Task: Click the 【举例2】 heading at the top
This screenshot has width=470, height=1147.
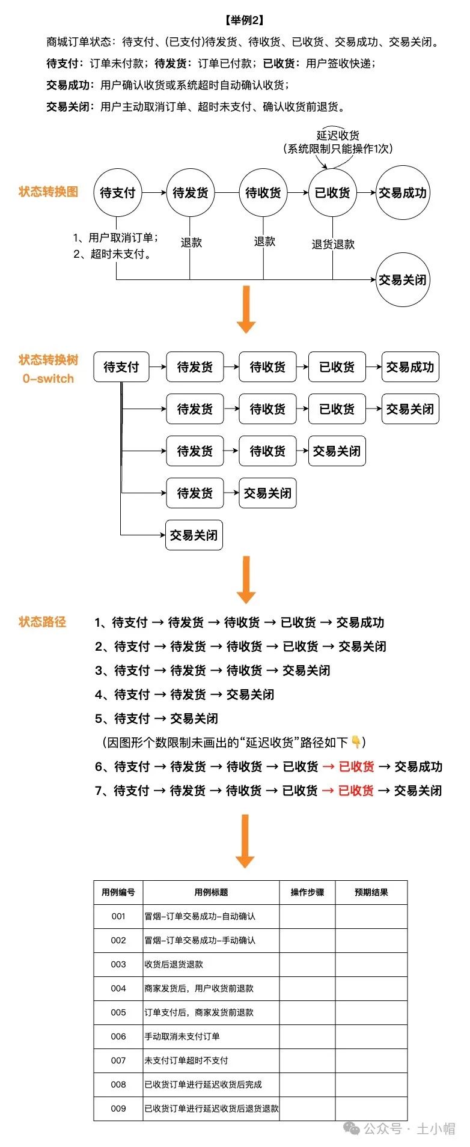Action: coord(245,20)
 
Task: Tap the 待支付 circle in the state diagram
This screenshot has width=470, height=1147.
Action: coord(118,193)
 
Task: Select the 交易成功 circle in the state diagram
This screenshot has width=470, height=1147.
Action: coord(403,193)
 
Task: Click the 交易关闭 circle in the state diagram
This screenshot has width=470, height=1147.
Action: coord(403,280)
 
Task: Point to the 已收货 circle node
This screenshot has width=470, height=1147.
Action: coord(332,193)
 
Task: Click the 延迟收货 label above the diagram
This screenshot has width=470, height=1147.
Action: coord(338,136)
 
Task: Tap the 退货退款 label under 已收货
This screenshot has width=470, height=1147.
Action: coord(333,245)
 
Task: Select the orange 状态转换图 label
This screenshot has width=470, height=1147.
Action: coord(49,192)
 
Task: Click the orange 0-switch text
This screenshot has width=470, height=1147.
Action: coord(48,379)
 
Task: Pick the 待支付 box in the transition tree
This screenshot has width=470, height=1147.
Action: coord(121,367)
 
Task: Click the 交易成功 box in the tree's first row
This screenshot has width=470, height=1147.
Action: coord(410,367)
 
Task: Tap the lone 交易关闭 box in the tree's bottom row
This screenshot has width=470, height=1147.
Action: coord(194,535)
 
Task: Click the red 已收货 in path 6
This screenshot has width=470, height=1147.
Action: coord(356,767)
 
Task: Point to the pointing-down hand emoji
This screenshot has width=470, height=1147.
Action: coord(356,743)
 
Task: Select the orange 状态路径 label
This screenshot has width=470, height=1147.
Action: coord(42,622)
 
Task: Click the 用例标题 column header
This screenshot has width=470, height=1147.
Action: coord(211,892)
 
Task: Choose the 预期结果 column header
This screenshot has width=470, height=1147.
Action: coord(371,892)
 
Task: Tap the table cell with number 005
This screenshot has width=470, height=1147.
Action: coord(118,1012)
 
